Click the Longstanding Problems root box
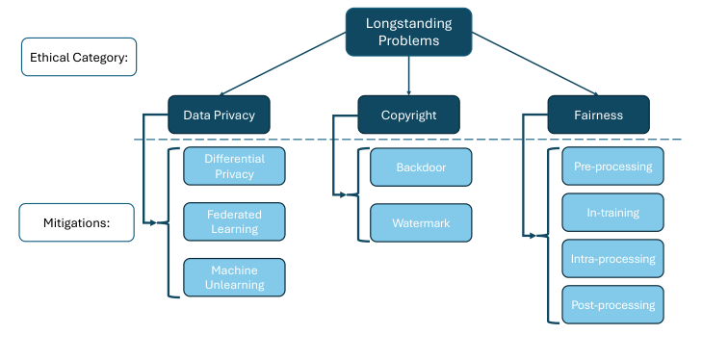coord(408,32)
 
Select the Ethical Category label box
coord(80,57)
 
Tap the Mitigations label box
coord(76,222)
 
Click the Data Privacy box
coord(219,115)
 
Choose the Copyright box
coord(408,115)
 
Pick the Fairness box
coord(598,115)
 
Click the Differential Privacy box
coord(234,167)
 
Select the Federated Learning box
coord(234,221)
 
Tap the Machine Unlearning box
coord(234,277)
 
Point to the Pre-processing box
coord(612,167)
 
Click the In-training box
coord(612,213)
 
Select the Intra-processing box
coord(612,259)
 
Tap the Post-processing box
coord(612,305)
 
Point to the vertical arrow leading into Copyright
coord(408,75)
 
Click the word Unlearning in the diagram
coord(234,285)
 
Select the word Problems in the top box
coord(408,40)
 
